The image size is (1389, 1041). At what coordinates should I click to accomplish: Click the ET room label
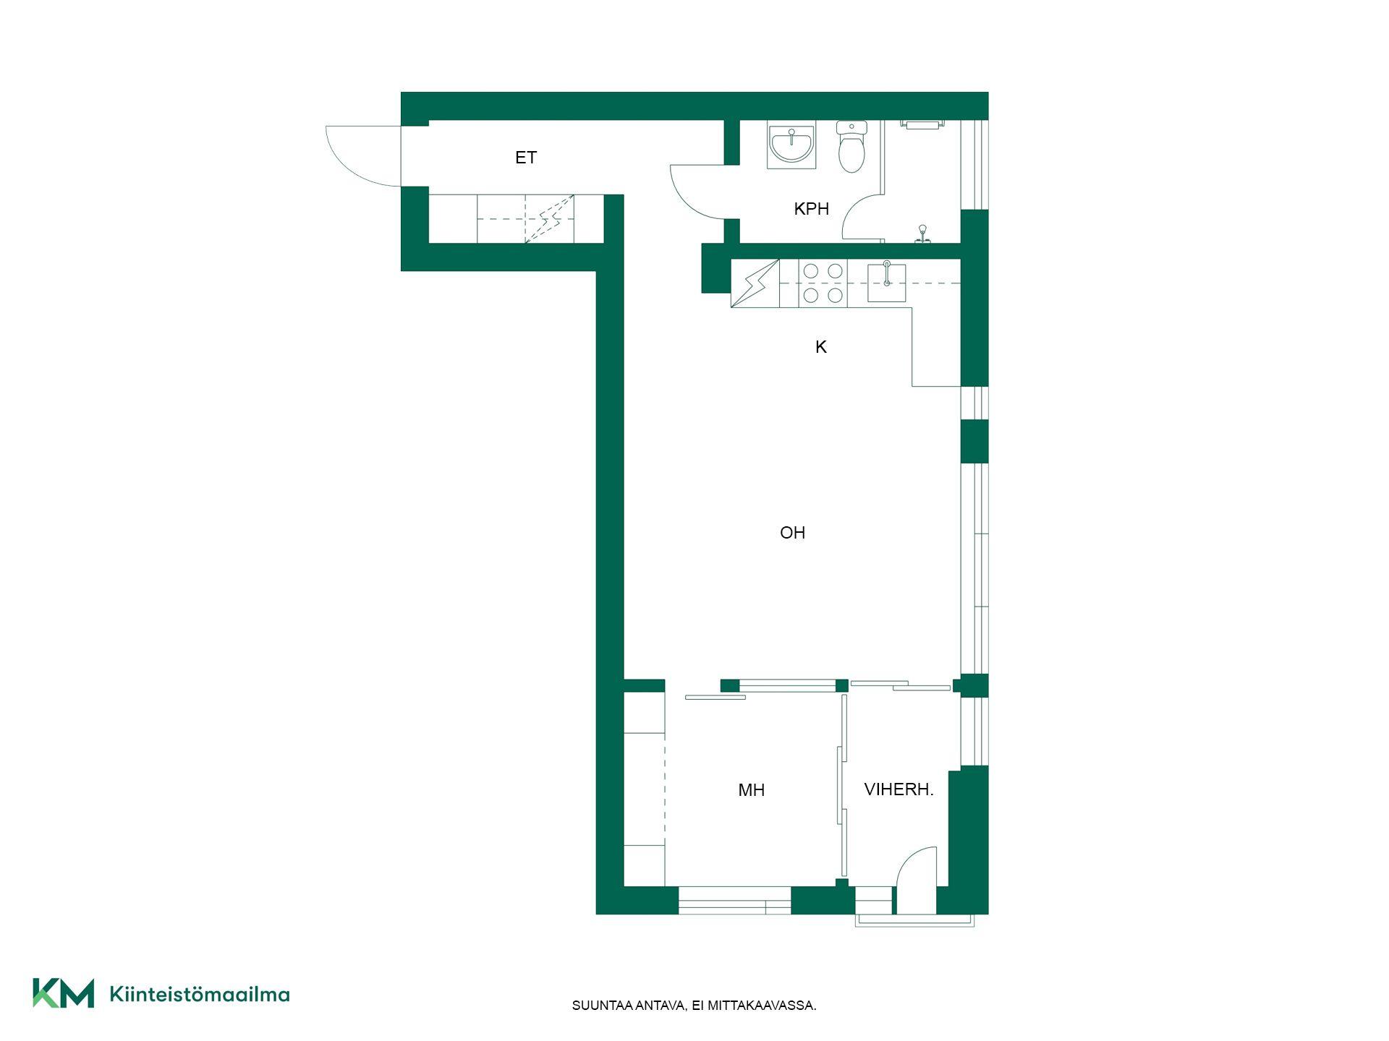tap(526, 158)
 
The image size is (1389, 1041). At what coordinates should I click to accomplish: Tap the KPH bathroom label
tap(811, 209)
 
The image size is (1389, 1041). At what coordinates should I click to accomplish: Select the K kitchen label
tap(821, 347)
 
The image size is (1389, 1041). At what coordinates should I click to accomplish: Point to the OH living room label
tap(792, 533)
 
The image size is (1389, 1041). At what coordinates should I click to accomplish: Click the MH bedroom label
tap(751, 790)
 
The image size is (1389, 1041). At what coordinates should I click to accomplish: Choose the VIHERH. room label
tap(899, 789)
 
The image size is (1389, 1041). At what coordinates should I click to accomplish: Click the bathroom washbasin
tap(791, 145)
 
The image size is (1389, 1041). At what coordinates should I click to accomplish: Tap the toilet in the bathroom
tap(851, 147)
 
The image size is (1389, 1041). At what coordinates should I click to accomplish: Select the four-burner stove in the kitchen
tap(823, 283)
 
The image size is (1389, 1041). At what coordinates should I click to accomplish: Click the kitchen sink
tap(886, 282)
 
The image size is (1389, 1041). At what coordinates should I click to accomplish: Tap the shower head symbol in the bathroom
tap(922, 234)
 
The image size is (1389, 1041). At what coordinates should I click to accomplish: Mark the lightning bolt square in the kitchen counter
tap(755, 283)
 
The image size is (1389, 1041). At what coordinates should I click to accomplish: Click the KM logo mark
tap(63, 993)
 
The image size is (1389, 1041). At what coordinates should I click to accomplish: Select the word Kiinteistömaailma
tap(200, 994)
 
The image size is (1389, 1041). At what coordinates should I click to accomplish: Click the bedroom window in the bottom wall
tap(734, 901)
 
